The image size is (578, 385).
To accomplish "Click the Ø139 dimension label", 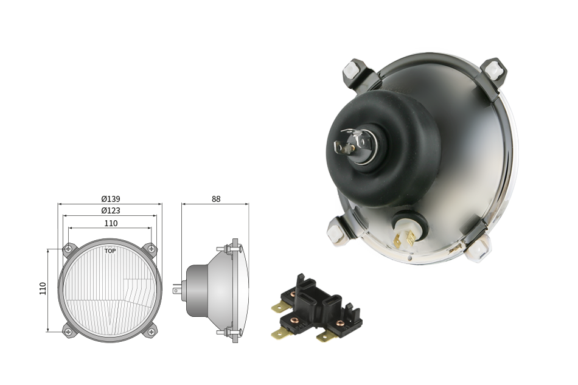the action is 111,199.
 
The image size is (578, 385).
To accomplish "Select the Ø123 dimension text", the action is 111,210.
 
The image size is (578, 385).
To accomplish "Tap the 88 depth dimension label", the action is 216,199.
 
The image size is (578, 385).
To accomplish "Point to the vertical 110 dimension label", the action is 43,288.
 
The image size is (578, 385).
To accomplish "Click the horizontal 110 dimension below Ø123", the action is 111,223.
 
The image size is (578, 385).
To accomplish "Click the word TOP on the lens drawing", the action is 110,251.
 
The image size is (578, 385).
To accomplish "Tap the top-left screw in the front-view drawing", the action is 68,249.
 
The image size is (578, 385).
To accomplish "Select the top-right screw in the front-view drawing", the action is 151,249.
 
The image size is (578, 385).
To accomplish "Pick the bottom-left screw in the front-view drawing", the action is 68,332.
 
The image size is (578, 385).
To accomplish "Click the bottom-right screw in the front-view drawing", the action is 151,332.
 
